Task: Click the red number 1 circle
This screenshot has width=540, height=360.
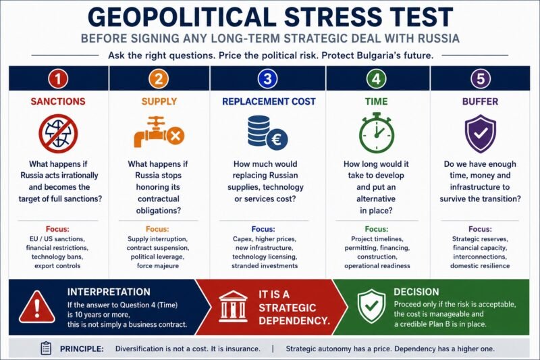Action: tap(58, 79)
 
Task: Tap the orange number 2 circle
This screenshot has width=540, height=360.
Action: tap(159, 79)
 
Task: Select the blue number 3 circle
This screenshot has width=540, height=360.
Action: tap(267, 79)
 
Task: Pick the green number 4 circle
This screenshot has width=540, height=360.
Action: tap(376, 79)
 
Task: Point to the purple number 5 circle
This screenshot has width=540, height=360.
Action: tap(480, 79)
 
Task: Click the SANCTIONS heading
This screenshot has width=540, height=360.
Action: tap(58, 101)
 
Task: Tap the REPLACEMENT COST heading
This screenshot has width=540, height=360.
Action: tap(269, 101)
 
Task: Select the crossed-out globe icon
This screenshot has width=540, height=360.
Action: tap(58, 134)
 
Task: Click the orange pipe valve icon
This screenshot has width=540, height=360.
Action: tap(159, 132)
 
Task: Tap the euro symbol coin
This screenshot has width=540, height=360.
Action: tap(277, 140)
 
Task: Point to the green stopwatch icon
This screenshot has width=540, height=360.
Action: tap(377, 132)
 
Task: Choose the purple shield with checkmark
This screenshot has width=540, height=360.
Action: tap(481, 134)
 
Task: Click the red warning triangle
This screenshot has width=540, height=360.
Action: tap(37, 307)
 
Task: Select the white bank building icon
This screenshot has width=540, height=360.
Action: tap(233, 307)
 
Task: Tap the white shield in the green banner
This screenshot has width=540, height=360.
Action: tap(371, 306)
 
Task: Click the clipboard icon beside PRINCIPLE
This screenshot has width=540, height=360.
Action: tap(46, 349)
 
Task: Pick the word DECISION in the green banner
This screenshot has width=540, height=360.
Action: tap(416, 292)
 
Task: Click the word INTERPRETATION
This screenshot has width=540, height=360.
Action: tap(109, 292)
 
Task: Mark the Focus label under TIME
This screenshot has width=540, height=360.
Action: tap(377, 229)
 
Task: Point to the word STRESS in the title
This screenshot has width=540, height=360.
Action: tap(333, 16)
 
